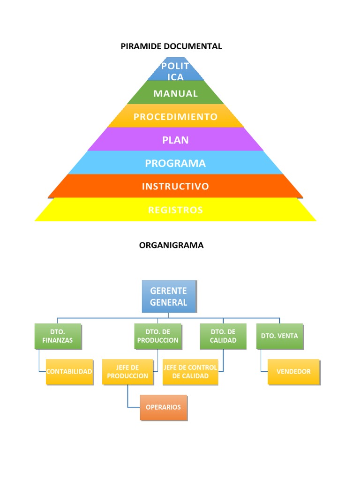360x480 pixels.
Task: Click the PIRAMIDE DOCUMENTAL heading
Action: (x=171, y=46)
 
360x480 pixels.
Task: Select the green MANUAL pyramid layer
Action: (x=175, y=93)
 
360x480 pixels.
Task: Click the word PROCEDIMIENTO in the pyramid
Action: (x=175, y=117)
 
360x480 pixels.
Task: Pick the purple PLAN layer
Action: (x=175, y=140)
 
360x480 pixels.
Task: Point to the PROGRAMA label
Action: (x=175, y=163)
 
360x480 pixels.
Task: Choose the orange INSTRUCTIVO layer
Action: (x=175, y=187)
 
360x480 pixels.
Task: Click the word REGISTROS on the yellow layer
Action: (x=175, y=210)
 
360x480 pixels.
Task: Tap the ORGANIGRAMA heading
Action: (x=171, y=245)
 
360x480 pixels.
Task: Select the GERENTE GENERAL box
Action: (x=169, y=296)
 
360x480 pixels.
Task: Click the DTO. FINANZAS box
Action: (x=58, y=336)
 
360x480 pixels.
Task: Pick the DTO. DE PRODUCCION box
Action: (x=157, y=336)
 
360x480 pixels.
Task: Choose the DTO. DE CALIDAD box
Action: (x=223, y=336)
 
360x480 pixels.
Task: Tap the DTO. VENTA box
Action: (x=279, y=336)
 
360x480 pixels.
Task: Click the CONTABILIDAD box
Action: (x=69, y=372)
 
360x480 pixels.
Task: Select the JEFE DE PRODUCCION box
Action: (x=127, y=372)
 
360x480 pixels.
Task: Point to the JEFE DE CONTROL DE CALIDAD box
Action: (x=190, y=372)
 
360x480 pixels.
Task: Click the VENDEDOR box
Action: (x=293, y=372)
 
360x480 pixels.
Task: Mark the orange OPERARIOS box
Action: (x=163, y=407)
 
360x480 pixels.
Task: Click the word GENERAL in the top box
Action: (x=169, y=302)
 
